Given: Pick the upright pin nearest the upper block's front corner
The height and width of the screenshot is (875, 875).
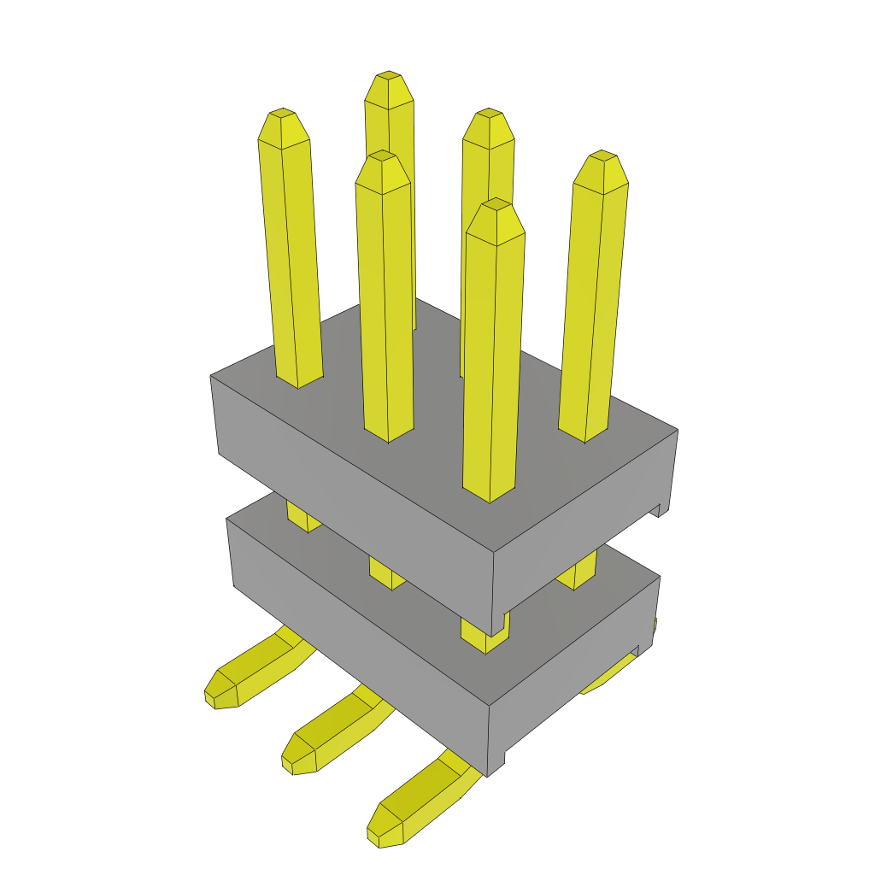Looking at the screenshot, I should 493,359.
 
